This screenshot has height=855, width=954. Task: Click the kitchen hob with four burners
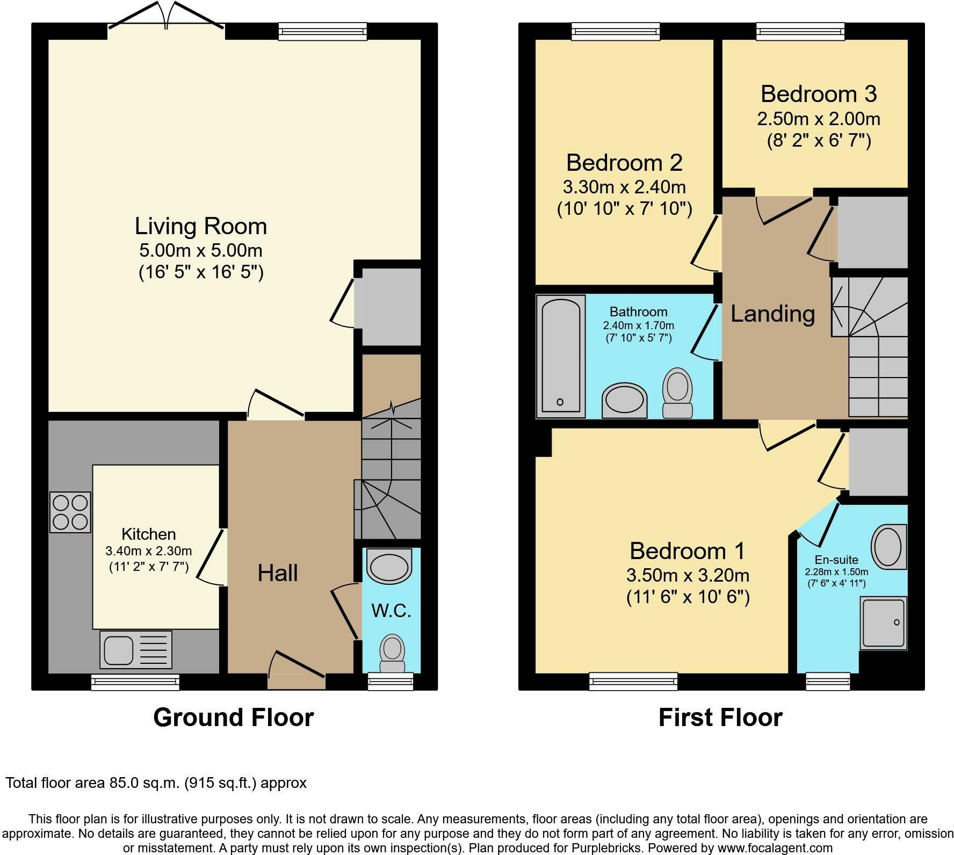pyautogui.click(x=70, y=512)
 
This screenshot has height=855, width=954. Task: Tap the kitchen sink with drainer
pyautogui.click(x=135, y=649)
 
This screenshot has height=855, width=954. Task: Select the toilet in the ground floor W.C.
pyautogui.click(x=392, y=653)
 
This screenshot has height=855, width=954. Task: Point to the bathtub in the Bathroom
pyautogui.click(x=560, y=356)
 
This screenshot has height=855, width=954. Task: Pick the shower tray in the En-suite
pyautogui.click(x=883, y=623)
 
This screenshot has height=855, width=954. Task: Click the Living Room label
pyautogui.click(x=200, y=226)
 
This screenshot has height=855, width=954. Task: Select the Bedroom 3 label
pyautogui.click(x=818, y=94)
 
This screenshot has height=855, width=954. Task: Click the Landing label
pyautogui.click(x=772, y=314)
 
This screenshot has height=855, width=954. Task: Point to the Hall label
pyautogui.click(x=277, y=573)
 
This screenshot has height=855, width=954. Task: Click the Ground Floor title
pyautogui.click(x=233, y=718)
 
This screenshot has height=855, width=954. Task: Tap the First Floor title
pyautogui.click(x=720, y=718)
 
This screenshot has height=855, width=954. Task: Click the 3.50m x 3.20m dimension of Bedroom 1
pyautogui.click(x=687, y=575)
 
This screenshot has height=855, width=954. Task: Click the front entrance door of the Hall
pyautogui.click(x=297, y=671)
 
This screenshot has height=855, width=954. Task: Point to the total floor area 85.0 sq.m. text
pyautogui.click(x=156, y=782)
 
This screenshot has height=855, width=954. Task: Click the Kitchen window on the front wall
pyautogui.click(x=135, y=682)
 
